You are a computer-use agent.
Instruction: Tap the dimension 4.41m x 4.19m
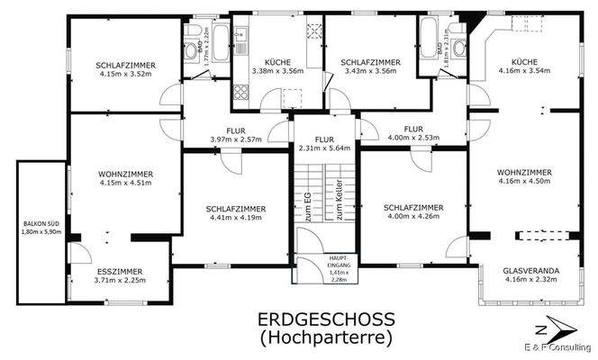click(x=235, y=217)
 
